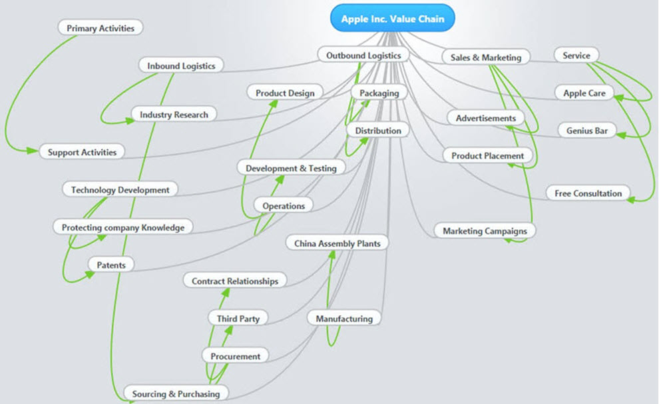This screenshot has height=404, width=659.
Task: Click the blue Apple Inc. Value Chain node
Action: click(x=393, y=19)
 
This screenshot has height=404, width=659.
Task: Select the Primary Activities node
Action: click(x=101, y=28)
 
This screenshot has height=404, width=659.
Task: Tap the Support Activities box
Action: click(x=82, y=152)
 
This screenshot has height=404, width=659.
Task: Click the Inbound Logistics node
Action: click(x=181, y=65)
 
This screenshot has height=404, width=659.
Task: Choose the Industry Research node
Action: click(x=174, y=115)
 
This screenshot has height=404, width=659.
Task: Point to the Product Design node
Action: click(x=285, y=93)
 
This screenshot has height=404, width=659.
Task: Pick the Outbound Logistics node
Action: click(x=363, y=55)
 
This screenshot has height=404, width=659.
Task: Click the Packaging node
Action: click(x=379, y=93)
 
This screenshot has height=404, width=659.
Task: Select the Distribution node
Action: click(x=378, y=131)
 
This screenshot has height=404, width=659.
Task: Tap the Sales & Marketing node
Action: click(x=486, y=57)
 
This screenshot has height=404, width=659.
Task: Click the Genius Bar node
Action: click(x=586, y=131)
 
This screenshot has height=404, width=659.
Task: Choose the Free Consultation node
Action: click(x=588, y=193)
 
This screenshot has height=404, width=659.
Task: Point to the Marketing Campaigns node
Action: click(x=485, y=231)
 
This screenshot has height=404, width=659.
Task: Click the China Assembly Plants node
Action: click(x=337, y=243)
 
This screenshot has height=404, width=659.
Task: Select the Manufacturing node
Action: click(x=344, y=319)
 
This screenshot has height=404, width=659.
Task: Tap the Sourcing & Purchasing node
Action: click(x=176, y=394)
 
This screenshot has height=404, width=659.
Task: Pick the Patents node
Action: click(x=111, y=265)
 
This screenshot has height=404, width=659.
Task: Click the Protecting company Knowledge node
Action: click(x=123, y=227)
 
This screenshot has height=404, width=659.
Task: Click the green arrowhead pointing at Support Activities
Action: click(x=33, y=150)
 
